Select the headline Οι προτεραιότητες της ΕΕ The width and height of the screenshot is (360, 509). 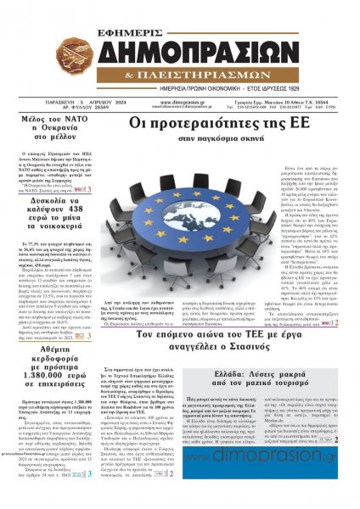pos(204,125)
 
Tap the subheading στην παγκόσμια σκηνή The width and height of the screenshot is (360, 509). pos(204,139)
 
